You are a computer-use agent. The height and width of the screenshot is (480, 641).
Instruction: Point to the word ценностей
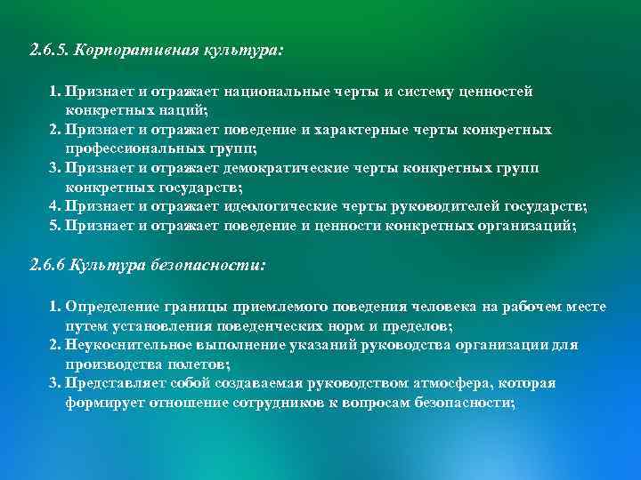tap(495, 92)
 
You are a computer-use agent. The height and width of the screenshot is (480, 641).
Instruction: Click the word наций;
tap(186, 110)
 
